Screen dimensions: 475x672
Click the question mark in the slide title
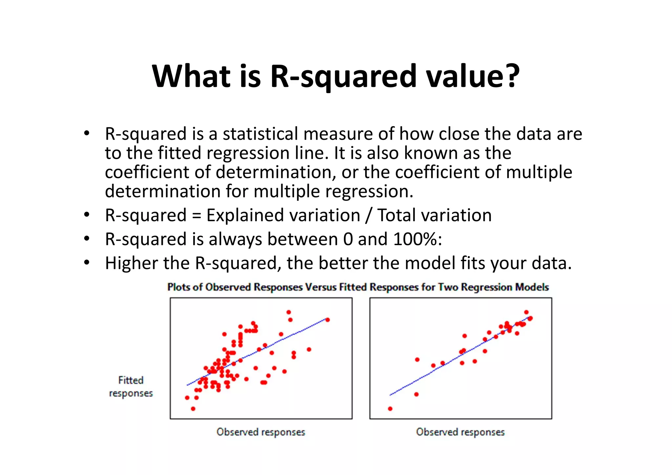(510, 76)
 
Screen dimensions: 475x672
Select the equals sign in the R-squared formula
(196, 216)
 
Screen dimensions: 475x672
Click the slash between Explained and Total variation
(369, 216)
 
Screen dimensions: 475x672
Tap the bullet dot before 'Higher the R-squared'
(86, 263)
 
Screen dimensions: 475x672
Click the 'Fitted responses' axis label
(131, 387)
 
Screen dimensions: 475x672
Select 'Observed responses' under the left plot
(261, 432)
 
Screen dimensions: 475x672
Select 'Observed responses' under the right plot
(460, 432)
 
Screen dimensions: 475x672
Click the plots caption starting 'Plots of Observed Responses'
(358, 287)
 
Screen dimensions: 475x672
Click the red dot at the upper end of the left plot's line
(327, 320)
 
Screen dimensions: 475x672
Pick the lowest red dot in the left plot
(193, 409)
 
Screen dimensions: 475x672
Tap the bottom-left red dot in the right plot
(390, 409)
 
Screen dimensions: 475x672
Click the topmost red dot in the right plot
(526, 312)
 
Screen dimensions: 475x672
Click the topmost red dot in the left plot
(288, 312)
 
